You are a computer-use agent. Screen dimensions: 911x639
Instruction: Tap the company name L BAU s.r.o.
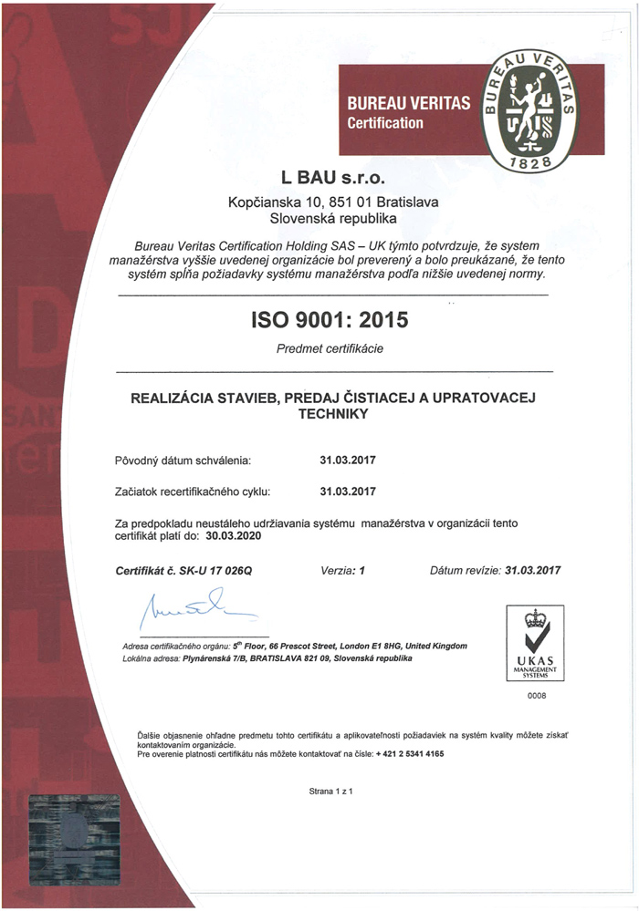point(332,176)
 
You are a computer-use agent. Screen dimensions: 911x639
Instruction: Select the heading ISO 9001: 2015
point(330,320)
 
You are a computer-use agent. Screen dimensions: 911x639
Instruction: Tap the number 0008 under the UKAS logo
point(536,696)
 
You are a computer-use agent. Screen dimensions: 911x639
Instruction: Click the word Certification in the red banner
point(385,123)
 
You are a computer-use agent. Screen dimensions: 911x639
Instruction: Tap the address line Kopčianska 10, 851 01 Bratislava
point(332,202)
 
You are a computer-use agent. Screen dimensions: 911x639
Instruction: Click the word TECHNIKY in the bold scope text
point(332,413)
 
